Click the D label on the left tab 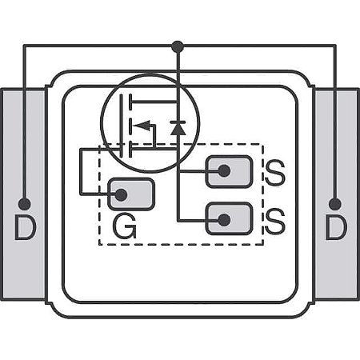[x=25, y=230]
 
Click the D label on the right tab [x=335, y=230]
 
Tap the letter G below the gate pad [x=124, y=229]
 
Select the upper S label [x=274, y=174]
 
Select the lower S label [x=274, y=222]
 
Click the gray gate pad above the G [x=131, y=194]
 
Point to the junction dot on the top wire [x=178, y=46]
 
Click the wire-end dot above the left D [x=25, y=204]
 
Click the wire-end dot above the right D [x=334, y=204]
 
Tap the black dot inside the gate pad [x=122, y=194]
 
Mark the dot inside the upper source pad [x=224, y=171]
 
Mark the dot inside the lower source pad [x=224, y=218]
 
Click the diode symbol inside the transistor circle [x=178, y=126]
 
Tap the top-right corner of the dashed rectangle [x=262, y=145]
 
